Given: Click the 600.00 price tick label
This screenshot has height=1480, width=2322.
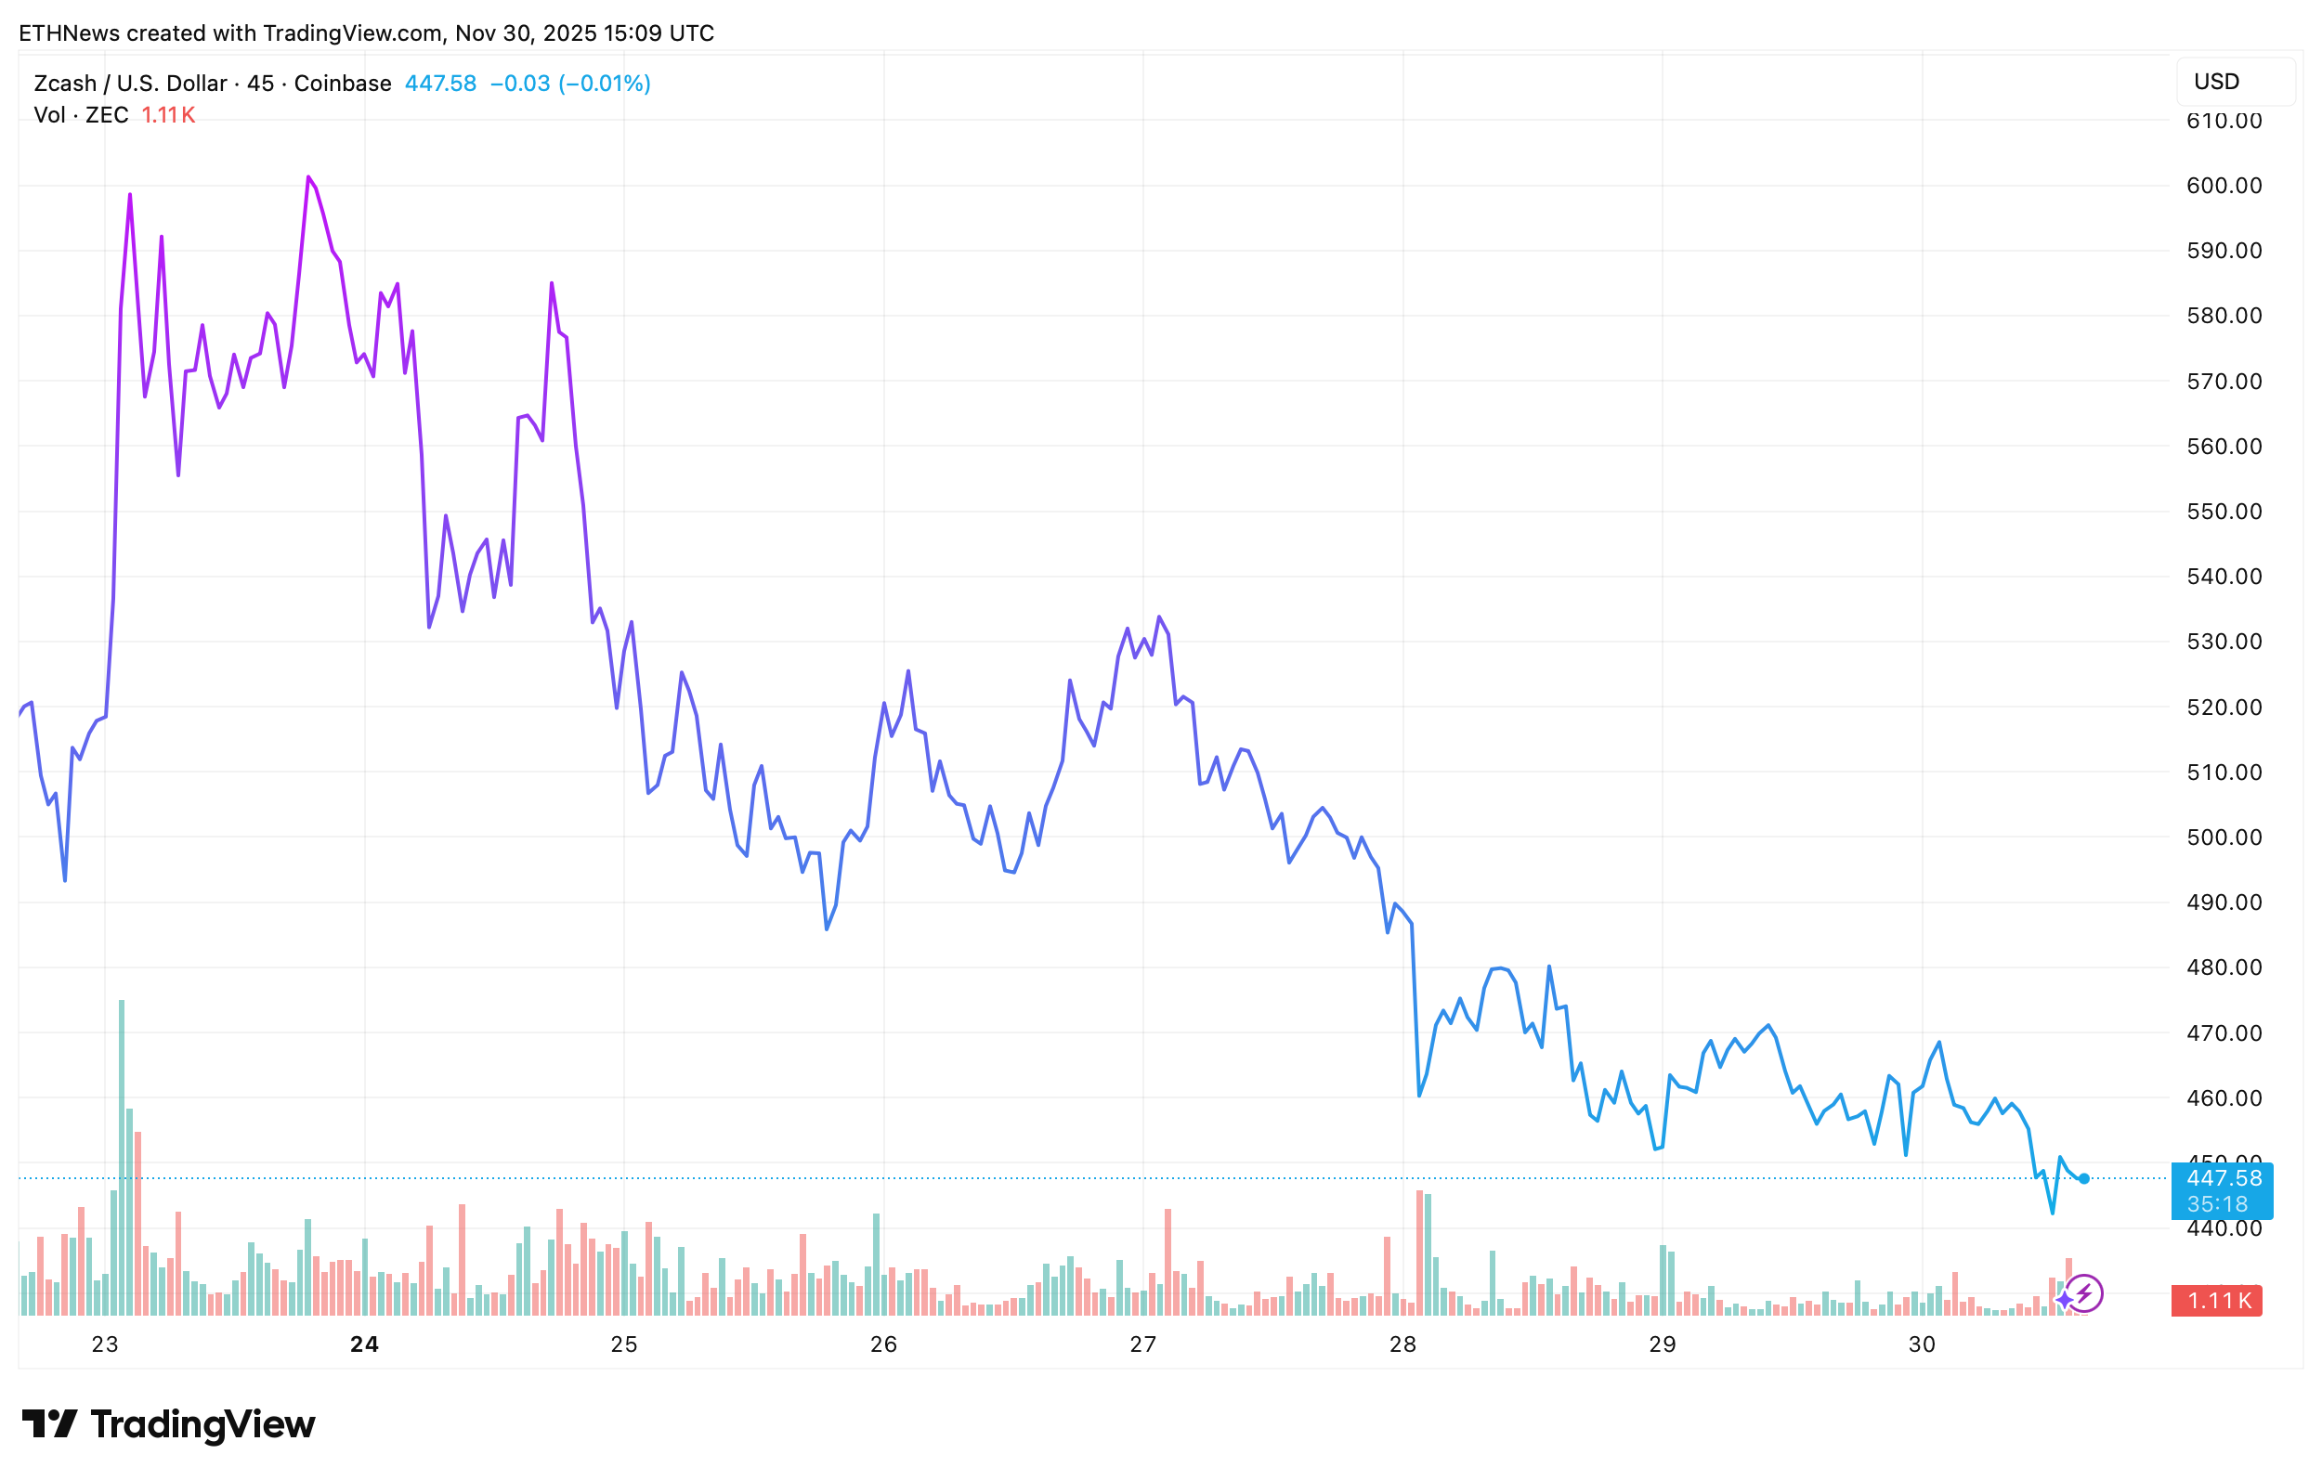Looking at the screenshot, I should [2224, 186].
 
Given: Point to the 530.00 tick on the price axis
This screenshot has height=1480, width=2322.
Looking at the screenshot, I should [2224, 643].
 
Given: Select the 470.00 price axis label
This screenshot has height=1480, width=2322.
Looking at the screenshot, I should [2224, 1033].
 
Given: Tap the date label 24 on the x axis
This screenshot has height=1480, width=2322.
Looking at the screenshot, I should [364, 1345].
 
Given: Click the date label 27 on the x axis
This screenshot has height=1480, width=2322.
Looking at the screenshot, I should [1142, 1345].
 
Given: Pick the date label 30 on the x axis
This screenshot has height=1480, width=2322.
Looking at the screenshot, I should [1922, 1345].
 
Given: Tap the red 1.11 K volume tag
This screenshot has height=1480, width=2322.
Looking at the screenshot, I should [2216, 1301].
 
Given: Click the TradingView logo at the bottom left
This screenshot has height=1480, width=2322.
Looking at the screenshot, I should [169, 1425].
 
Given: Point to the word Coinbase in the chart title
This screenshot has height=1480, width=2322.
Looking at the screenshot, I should [343, 84].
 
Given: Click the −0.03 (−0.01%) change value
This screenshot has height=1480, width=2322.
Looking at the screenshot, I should [570, 84].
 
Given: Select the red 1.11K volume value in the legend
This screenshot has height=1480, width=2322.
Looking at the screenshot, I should [169, 116].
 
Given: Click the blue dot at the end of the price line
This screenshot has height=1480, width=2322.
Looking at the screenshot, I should [2084, 1179].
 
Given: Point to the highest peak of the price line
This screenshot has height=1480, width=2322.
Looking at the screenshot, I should [308, 177].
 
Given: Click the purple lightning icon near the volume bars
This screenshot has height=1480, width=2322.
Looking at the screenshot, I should [2084, 1294].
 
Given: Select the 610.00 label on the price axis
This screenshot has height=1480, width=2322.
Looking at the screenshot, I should [2224, 122].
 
